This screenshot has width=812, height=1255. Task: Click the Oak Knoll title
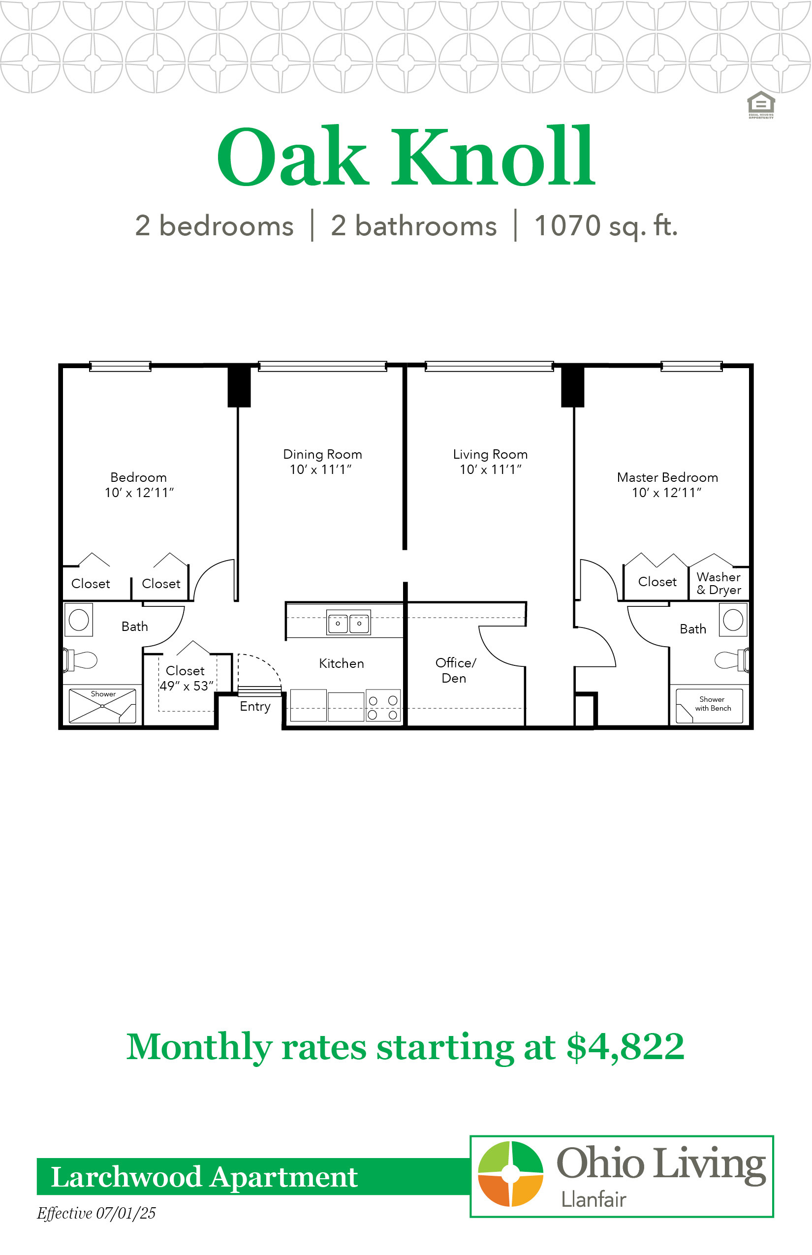click(406, 157)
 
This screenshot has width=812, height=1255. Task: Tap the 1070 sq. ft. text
click(606, 226)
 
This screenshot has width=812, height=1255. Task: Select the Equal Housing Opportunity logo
click(761, 105)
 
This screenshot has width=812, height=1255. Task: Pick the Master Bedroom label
click(667, 477)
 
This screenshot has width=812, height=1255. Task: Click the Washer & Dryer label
click(719, 583)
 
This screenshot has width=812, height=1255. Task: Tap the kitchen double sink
click(348, 623)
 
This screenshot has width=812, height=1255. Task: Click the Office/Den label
click(455, 670)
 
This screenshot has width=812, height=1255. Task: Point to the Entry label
click(255, 707)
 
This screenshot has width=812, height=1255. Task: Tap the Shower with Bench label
click(713, 703)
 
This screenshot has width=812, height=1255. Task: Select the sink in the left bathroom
click(79, 620)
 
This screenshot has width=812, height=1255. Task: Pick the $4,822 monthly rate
click(625, 1047)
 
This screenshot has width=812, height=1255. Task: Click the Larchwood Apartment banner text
click(205, 1176)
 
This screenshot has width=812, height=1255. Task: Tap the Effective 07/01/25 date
click(96, 1213)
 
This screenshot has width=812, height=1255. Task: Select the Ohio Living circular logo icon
click(510, 1173)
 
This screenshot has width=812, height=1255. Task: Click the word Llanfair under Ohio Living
click(593, 1199)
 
